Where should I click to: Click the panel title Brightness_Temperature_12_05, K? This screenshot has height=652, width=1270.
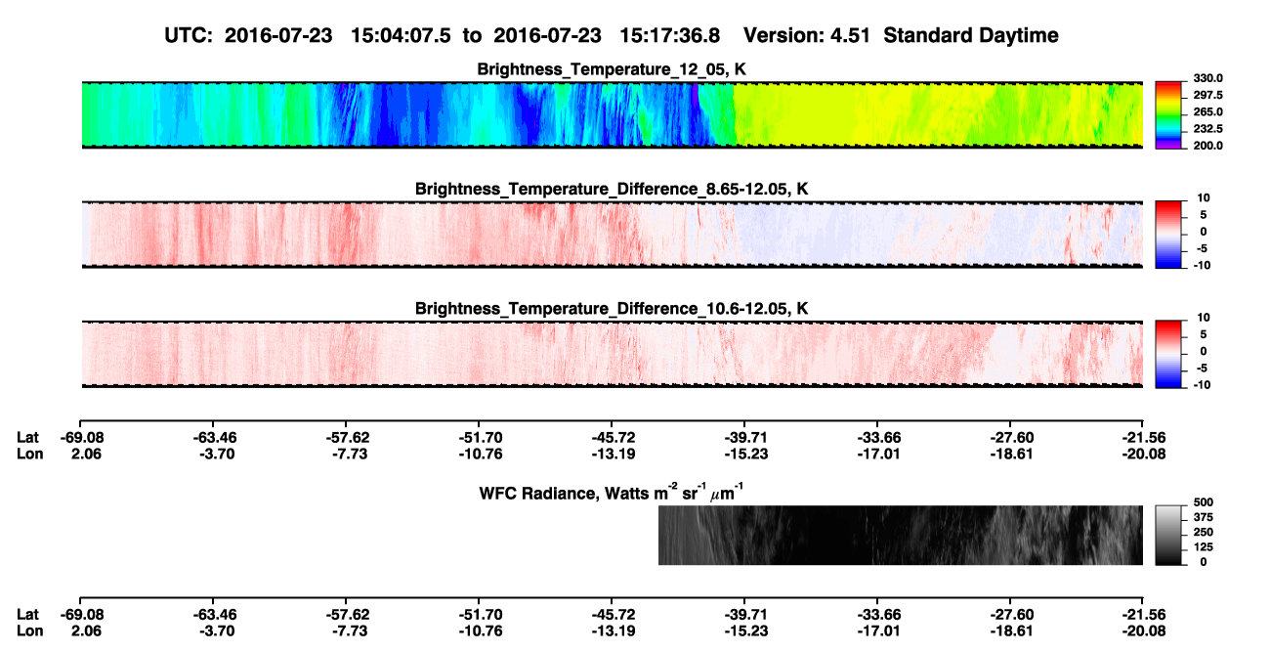612,69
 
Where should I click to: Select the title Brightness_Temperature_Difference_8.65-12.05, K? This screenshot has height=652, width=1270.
612,189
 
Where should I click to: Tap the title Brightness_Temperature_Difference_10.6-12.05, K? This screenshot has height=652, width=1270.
612,309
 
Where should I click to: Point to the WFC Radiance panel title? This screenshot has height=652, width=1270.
612,493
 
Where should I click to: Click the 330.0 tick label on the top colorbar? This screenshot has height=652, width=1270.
1207,78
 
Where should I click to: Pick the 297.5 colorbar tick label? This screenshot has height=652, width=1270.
1207,95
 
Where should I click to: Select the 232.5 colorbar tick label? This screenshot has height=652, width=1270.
1207,129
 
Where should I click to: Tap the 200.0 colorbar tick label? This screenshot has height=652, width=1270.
1207,146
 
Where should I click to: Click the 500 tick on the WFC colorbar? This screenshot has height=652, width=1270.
1204,502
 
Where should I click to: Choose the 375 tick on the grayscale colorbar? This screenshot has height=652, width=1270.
1204,517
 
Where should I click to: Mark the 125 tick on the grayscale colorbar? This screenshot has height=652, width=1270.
1204,547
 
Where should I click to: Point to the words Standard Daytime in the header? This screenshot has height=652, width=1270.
971,36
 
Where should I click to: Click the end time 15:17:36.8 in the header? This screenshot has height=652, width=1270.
669,36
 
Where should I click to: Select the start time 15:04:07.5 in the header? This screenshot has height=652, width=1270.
401,36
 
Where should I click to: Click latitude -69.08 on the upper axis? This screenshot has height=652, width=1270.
82,438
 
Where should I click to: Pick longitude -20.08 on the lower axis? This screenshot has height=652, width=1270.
1144,631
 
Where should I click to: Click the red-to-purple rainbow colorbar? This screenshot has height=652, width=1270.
1168,115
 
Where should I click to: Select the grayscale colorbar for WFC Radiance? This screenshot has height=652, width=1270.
1168,535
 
